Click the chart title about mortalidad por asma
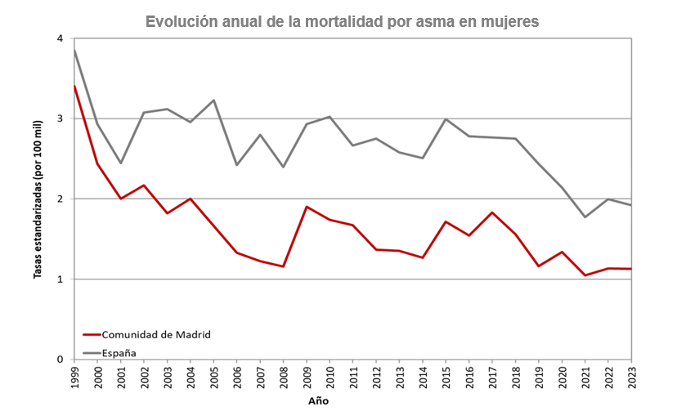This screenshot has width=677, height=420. [342, 22]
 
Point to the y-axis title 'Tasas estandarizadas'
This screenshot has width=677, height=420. [38, 199]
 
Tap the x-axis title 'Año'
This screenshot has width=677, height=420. [319, 401]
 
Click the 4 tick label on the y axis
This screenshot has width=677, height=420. [60, 39]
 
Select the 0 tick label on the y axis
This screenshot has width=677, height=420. [60, 360]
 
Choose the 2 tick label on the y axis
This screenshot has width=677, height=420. [60, 199]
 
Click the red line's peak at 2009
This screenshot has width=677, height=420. [307, 207]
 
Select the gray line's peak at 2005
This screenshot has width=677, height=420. [213, 101]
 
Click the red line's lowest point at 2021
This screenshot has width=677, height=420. [585, 275]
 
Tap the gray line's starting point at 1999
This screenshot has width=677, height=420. [74, 51]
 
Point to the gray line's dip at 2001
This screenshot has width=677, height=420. [121, 163]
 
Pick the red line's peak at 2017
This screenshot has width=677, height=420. [492, 212]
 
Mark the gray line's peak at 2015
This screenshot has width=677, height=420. [446, 119]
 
